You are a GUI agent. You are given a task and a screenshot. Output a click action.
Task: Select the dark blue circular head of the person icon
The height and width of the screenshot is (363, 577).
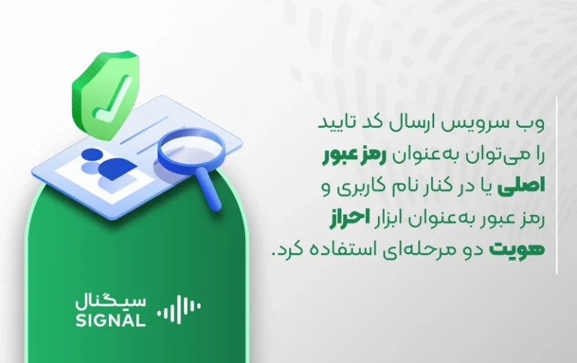pyautogui.click(x=91, y=155)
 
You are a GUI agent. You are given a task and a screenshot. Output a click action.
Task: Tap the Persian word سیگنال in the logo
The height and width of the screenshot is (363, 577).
pyautogui.click(x=110, y=302)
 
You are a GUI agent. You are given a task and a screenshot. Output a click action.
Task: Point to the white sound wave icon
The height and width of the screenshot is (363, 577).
pyautogui.click(x=179, y=309)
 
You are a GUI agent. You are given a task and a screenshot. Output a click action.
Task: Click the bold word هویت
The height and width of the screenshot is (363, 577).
pyautogui.click(x=516, y=249)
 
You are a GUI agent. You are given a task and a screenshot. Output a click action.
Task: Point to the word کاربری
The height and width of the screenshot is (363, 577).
pyautogui.click(x=365, y=186)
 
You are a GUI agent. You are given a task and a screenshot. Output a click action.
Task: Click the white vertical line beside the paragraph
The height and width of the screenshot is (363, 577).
pyautogui.click(x=557, y=186)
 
